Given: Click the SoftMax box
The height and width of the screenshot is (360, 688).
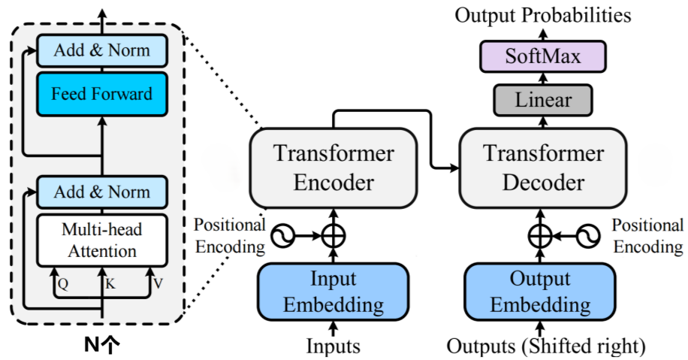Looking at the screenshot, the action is [543, 56].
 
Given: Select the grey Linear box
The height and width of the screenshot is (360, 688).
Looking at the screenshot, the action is [543, 100].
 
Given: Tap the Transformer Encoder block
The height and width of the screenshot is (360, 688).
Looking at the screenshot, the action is [333, 168].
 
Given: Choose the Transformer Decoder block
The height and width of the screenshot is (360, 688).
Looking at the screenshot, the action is [543, 168].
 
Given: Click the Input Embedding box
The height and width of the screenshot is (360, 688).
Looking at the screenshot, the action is [333, 292].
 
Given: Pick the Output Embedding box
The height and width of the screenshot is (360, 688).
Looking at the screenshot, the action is [540, 292].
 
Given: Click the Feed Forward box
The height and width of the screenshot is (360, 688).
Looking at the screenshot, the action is [102, 94].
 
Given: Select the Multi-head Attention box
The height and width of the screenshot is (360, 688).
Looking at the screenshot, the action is [102, 241].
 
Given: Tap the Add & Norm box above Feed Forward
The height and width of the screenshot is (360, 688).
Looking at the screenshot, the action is [102, 50].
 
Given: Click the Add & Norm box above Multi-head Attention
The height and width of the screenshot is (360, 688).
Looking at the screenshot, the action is [102, 192].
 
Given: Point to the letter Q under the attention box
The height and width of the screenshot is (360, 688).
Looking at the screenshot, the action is [63, 285].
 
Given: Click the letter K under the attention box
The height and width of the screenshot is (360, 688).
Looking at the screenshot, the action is [110, 284].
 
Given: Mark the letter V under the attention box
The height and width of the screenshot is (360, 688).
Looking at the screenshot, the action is [158, 284].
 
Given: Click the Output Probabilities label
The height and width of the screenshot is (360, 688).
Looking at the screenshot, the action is [543, 15].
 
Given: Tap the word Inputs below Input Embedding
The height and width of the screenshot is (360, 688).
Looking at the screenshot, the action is [333, 346].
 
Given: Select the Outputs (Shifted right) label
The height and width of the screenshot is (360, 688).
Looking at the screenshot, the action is [546, 346].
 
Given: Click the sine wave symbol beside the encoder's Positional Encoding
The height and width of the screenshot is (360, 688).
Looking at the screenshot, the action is [283, 236].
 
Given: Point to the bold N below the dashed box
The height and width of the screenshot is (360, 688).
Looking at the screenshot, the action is [92, 346].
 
